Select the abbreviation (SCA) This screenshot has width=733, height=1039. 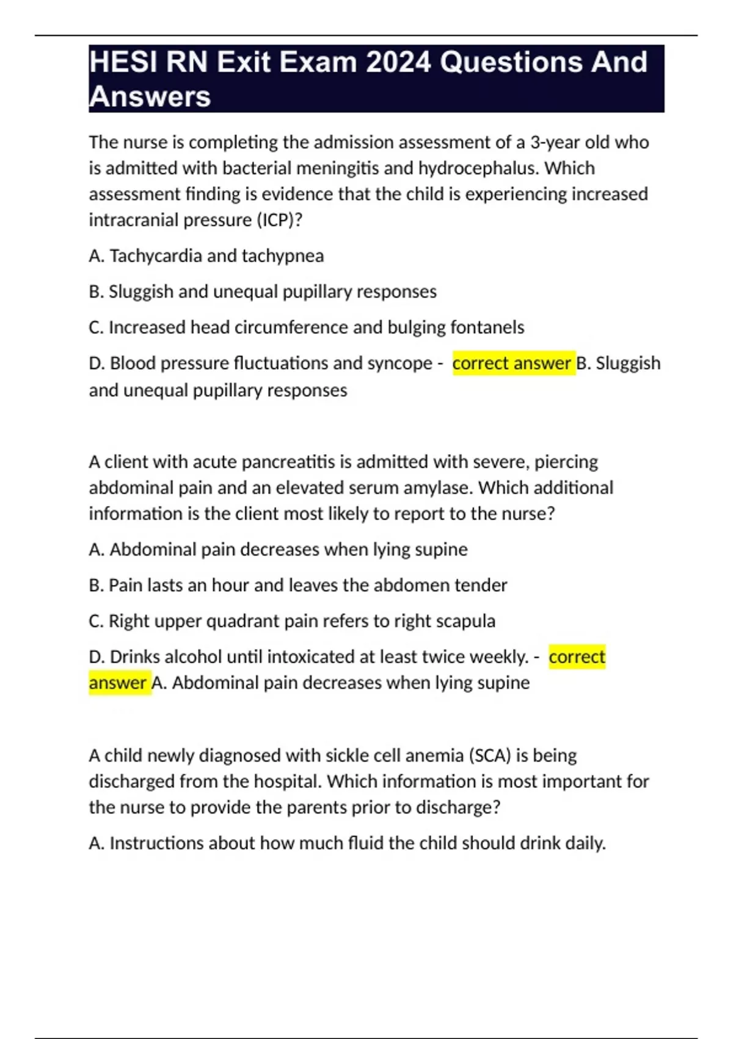[x=490, y=756]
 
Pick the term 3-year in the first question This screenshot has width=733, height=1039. [x=555, y=142]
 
